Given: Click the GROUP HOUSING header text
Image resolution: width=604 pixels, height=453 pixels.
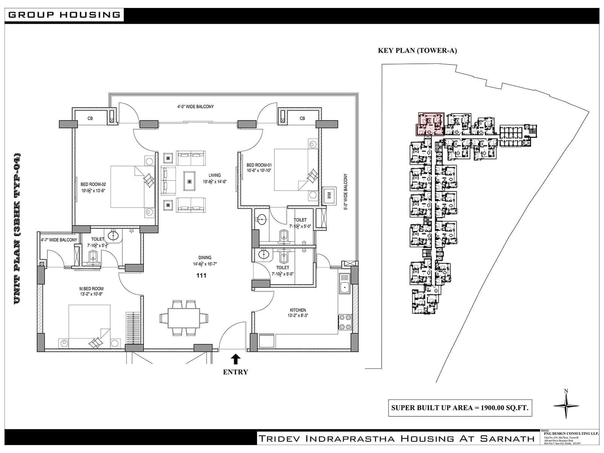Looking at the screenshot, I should click(64, 15).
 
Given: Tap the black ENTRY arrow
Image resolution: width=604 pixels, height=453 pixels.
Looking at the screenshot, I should click(236, 358).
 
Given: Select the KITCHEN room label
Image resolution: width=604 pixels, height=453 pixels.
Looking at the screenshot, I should click(298, 310).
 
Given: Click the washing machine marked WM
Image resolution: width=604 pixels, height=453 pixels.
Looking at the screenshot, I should click(329, 196).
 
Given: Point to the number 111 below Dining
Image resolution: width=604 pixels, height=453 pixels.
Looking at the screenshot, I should click(201, 275).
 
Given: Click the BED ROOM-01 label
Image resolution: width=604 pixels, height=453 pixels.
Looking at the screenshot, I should click(259, 165).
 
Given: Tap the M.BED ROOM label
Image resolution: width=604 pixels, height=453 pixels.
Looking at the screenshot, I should click(92, 289).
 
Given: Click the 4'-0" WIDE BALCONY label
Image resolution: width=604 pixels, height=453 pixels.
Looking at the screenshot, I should click(196, 107).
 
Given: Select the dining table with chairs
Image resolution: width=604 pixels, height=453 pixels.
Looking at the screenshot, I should click(184, 318).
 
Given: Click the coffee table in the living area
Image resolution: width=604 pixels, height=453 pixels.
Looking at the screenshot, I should click(189, 181).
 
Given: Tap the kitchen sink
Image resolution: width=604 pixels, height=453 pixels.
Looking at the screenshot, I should click(344, 284).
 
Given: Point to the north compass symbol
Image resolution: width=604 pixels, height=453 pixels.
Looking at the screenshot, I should click(566, 405).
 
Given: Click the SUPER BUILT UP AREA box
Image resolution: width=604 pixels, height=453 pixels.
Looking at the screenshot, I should click(460, 408).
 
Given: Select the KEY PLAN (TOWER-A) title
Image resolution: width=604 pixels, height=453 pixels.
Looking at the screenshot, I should click(417, 51).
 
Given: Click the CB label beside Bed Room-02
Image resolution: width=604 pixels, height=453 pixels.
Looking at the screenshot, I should click(90, 119).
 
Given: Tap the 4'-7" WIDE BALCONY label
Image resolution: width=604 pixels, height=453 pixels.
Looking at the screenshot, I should click(59, 240).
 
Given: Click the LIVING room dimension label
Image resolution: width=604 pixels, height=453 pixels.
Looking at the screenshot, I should click(214, 182).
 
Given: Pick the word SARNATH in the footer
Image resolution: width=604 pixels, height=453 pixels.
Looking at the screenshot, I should click(507, 439).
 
